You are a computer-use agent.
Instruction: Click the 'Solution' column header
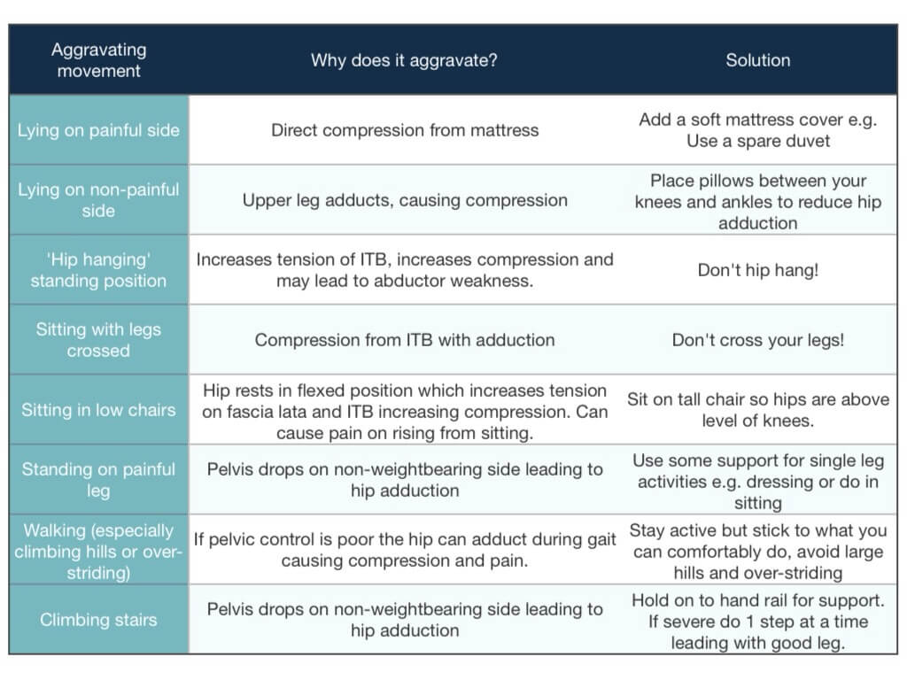click(758, 60)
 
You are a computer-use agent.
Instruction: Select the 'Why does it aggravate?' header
click(404, 60)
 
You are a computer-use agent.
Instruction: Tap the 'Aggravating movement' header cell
click(98, 60)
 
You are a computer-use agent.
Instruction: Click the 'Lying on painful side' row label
click(98, 130)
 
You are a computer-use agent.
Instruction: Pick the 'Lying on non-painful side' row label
click(98, 200)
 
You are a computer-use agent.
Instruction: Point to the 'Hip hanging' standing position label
click(98, 270)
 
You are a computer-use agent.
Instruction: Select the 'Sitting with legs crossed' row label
click(98, 340)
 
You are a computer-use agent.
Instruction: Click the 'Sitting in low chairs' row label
click(98, 410)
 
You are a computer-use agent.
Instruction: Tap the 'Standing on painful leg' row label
click(98, 480)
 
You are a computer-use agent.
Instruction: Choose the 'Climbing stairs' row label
click(98, 620)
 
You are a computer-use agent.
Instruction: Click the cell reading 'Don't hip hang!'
click(758, 270)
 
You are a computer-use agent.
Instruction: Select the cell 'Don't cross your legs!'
click(758, 340)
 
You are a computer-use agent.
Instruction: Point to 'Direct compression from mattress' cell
click(405, 130)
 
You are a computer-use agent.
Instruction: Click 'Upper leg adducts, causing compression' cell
click(405, 200)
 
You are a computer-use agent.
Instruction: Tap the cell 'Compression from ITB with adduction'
click(405, 340)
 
